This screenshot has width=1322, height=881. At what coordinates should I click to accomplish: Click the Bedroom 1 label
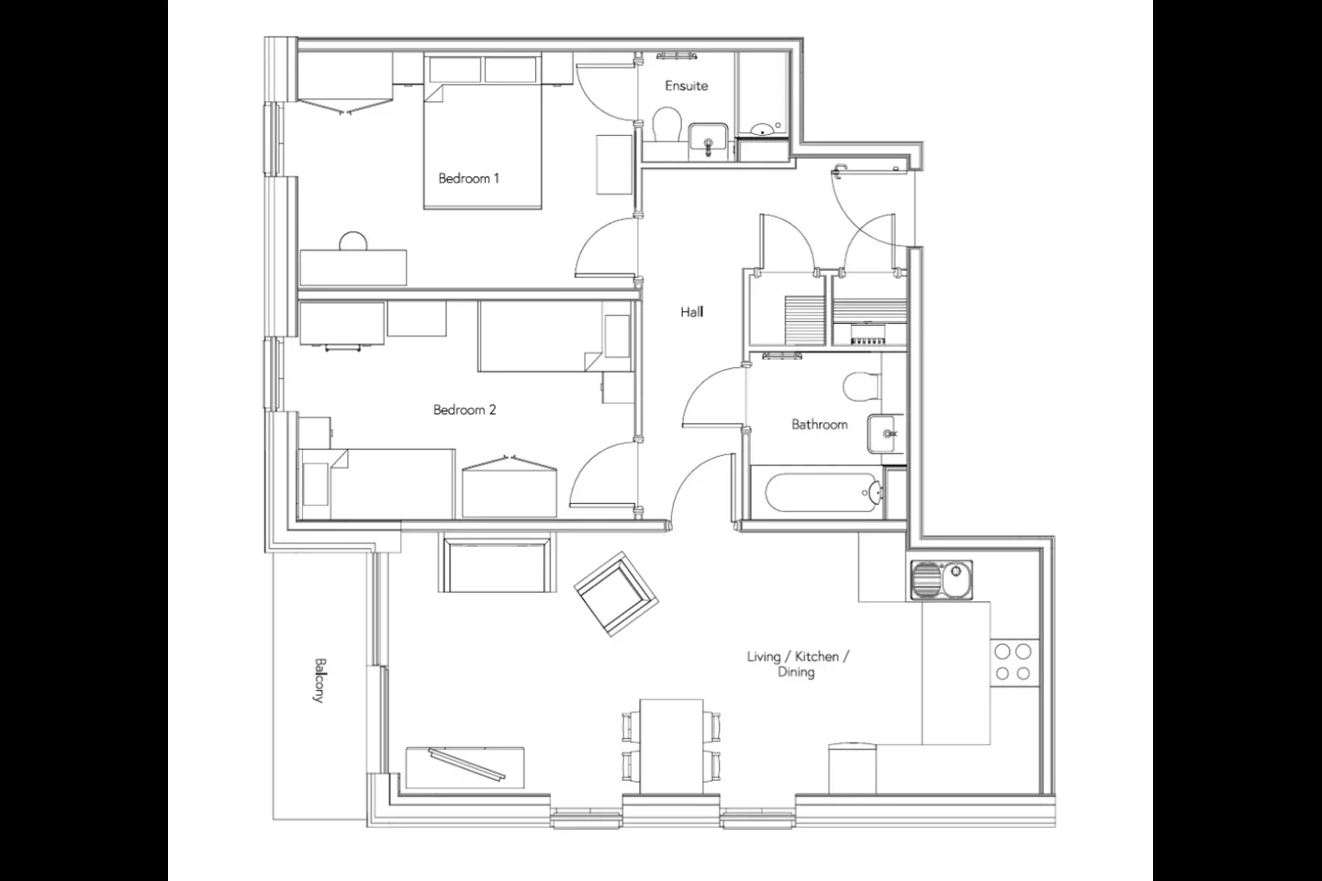coord(468,178)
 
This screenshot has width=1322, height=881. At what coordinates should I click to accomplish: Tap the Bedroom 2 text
coord(465,409)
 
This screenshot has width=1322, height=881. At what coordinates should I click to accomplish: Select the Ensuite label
coord(687,86)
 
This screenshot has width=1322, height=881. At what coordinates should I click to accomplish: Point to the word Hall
coord(691,312)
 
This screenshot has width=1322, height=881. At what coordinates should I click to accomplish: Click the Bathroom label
coord(820,424)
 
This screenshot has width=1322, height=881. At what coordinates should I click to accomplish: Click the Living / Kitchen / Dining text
coord(797,664)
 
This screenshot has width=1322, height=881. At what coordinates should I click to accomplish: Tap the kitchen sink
coord(941,579)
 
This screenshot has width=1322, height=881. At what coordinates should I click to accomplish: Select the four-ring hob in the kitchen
coord(1014,662)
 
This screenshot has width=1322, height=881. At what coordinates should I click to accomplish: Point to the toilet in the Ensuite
coord(667,125)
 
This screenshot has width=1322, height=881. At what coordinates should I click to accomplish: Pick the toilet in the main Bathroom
coord(862,386)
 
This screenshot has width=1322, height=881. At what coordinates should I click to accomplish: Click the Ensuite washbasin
coord(708,139)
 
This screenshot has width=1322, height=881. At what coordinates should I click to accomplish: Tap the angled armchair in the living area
coord(616,594)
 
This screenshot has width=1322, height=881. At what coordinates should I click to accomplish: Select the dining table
coord(672,746)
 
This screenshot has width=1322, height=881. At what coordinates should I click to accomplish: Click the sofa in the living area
coord(497,563)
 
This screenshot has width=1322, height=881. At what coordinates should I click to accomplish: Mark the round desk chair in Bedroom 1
coord(353,241)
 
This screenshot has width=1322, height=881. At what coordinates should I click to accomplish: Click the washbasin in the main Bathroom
coord(886,434)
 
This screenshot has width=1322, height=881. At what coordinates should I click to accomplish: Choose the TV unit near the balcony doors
coord(465,767)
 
